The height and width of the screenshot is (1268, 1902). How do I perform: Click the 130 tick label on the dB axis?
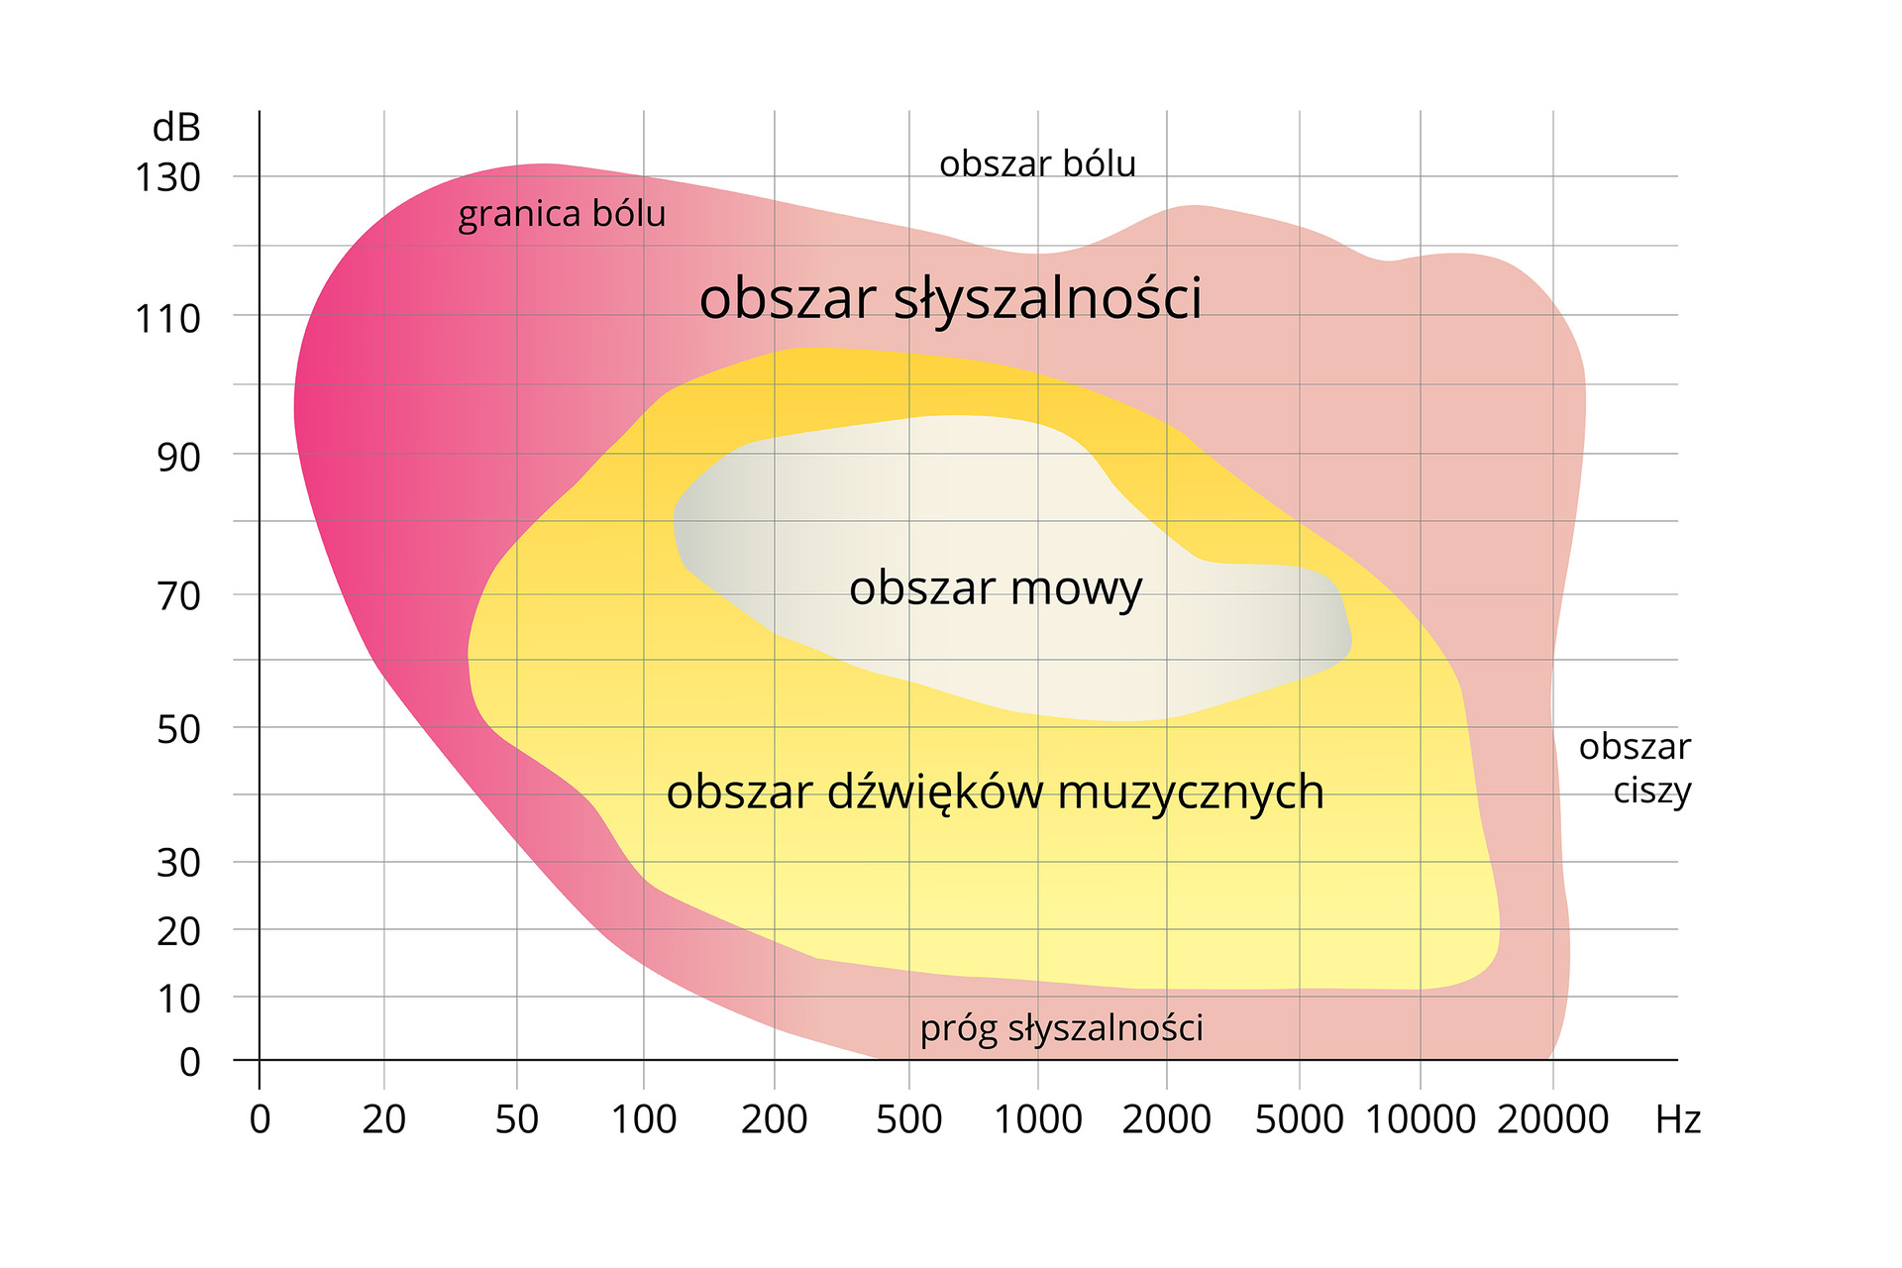pyautogui.click(x=167, y=178)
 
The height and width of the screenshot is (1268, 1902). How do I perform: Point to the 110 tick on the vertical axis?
pyautogui.click(x=167, y=319)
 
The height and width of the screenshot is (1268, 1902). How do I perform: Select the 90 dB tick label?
pyautogui.click(x=178, y=458)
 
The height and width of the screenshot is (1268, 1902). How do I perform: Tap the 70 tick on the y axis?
pyautogui.click(x=178, y=596)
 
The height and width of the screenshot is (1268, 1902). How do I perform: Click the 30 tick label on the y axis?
pyautogui.click(x=178, y=864)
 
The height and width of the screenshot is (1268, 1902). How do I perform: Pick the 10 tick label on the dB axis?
pyautogui.click(x=178, y=1000)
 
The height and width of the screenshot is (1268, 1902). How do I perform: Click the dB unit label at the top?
pyautogui.click(x=176, y=128)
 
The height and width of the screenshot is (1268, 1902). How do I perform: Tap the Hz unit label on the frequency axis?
pyautogui.click(x=1678, y=1120)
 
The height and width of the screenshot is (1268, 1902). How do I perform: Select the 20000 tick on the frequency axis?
pyautogui.click(x=1552, y=1120)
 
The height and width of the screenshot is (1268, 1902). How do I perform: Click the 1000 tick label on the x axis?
pyautogui.click(x=1037, y=1120)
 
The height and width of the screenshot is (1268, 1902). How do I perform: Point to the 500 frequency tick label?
pyautogui.click(x=908, y=1120)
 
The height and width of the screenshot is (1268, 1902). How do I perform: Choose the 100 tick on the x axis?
pyautogui.click(x=644, y=1120)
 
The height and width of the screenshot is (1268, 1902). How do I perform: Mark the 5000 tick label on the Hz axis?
pyautogui.click(x=1299, y=1120)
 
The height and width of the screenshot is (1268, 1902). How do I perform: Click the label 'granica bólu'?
pyautogui.click(x=562, y=215)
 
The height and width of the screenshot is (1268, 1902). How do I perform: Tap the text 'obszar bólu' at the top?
pyautogui.click(x=1037, y=164)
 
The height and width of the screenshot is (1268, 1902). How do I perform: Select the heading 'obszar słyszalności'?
pyautogui.click(x=950, y=299)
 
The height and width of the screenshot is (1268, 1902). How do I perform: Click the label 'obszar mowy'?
pyautogui.click(x=996, y=589)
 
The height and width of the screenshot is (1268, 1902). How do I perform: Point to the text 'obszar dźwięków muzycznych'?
pyautogui.click(x=995, y=792)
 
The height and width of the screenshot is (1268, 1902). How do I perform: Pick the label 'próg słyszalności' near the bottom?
pyautogui.click(x=1061, y=1029)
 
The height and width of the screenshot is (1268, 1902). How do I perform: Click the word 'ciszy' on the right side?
pyautogui.click(x=1651, y=792)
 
